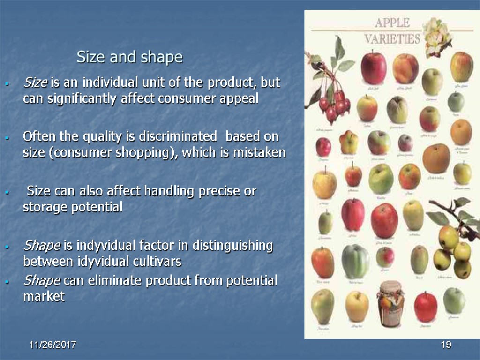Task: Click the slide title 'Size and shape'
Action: [130, 58]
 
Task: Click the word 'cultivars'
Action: [157, 261]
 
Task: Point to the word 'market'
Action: [44, 296]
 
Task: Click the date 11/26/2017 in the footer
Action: [53, 345]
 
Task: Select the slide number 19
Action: [446, 345]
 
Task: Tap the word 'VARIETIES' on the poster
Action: [392, 38]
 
